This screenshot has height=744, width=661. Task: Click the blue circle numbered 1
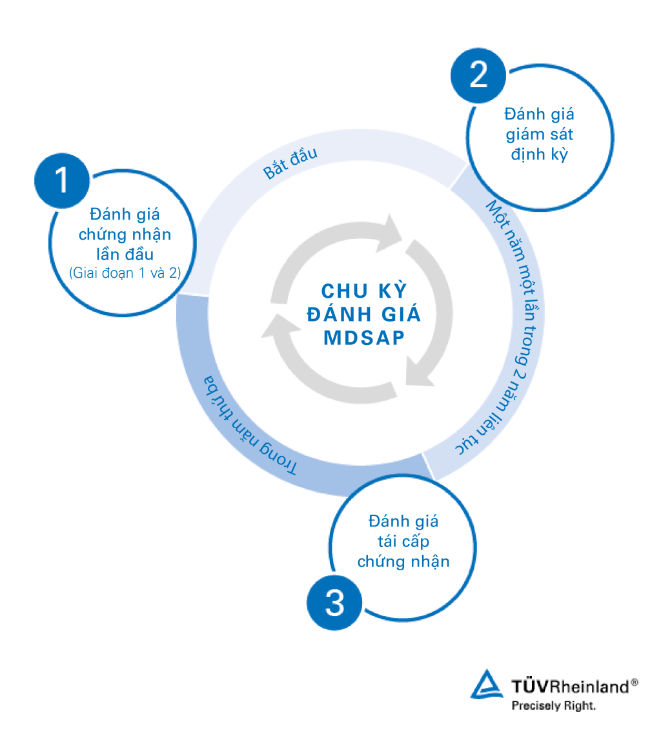61,180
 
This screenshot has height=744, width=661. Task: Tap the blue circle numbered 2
478,75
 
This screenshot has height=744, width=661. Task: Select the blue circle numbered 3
335,602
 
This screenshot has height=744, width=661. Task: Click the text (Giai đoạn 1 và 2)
125,273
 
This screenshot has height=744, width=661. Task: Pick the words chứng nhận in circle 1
125,233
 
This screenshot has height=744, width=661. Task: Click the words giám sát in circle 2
539,135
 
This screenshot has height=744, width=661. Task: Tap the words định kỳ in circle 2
539,156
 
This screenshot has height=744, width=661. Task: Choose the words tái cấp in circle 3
403,541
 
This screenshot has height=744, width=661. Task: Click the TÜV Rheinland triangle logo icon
486,685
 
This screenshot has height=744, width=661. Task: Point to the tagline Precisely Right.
553,705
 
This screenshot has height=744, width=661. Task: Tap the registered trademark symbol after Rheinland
634,682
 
